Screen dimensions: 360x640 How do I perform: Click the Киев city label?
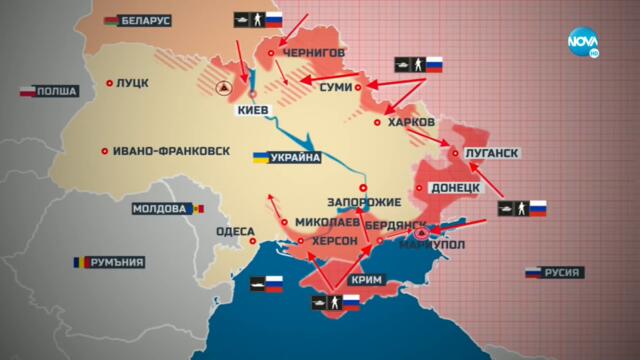pyautogui.click(x=252, y=112)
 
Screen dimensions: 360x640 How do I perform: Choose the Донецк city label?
pyautogui.click(x=456, y=187)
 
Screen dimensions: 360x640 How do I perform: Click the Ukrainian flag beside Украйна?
pyautogui.click(x=260, y=158)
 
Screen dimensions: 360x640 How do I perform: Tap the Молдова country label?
pyautogui.click(x=161, y=209)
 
